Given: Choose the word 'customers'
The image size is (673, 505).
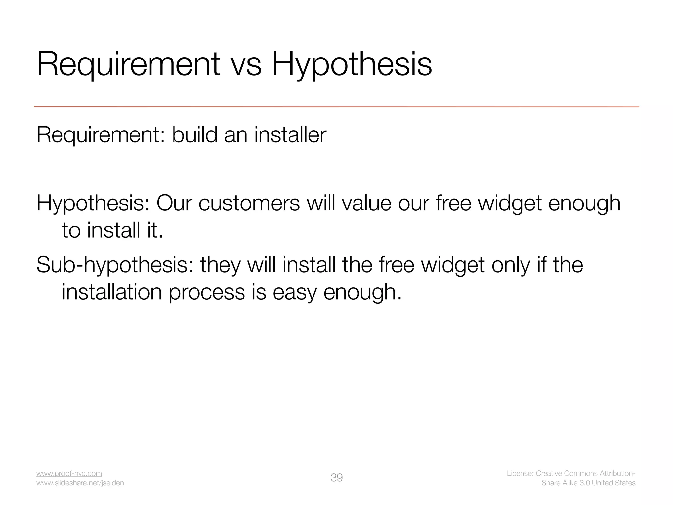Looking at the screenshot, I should (249, 203).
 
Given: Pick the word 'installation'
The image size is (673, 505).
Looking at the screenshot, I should (112, 292).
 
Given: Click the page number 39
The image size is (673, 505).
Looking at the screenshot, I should (336, 478).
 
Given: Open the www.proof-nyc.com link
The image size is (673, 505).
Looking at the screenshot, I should (69, 473).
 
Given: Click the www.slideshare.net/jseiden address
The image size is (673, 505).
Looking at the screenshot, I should (80, 483).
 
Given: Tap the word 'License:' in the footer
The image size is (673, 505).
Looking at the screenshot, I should (520, 473).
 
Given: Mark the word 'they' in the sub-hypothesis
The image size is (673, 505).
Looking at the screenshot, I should (220, 265).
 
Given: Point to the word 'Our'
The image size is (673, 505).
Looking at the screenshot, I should (174, 203).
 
